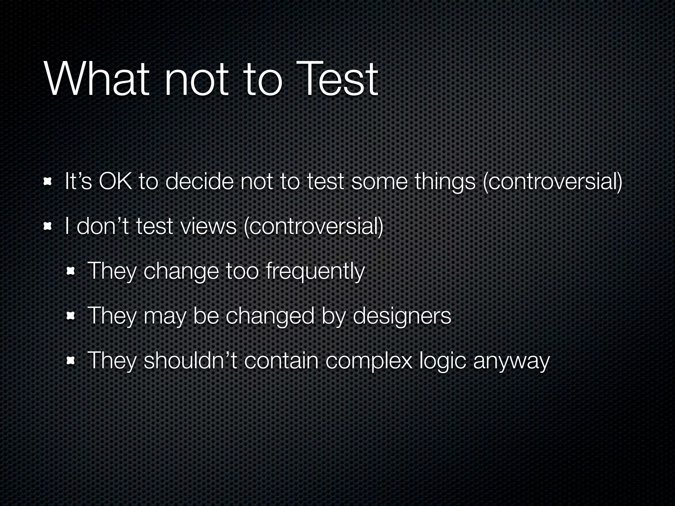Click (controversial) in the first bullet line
click(x=552, y=182)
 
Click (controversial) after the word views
click(x=313, y=227)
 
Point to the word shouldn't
click(x=190, y=360)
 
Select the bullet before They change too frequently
click(x=70, y=271)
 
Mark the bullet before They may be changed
click(x=70, y=316)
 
